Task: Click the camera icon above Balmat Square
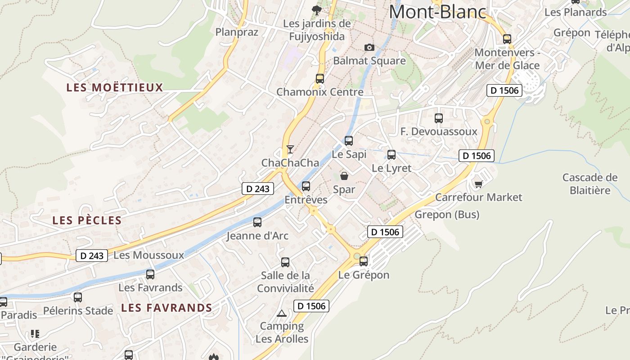click(369, 47)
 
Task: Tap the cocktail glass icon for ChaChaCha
click(290, 149)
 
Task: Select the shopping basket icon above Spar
click(344, 175)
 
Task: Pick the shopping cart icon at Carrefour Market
click(478, 184)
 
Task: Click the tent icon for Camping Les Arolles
click(282, 313)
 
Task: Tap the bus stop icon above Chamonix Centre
click(320, 78)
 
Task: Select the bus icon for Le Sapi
click(349, 140)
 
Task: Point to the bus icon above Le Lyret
click(391, 155)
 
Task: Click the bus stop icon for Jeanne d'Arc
click(257, 222)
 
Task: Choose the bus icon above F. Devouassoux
click(439, 118)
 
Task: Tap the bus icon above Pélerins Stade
click(78, 297)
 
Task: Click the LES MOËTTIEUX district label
click(114, 87)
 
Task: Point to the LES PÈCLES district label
click(87, 220)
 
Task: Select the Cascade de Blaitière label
click(590, 184)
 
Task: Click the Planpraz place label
click(237, 32)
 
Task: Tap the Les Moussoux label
click(149, 255)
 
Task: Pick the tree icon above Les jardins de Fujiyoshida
click(317, 10)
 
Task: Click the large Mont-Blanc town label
click(437, 12)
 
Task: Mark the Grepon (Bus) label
click(447, 215)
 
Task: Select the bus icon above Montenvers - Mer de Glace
click(507, 39)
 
